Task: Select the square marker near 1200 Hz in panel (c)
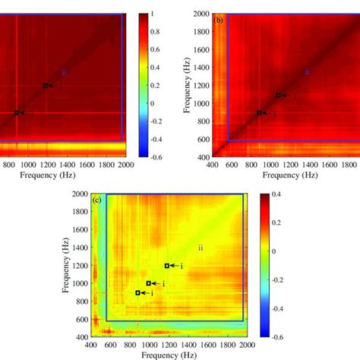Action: (x=167, y=266)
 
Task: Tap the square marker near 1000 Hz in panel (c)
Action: (x=149, y=283)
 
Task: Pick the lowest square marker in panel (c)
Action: (x=137, y=292)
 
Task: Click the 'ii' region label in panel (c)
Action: (x=201, y=247)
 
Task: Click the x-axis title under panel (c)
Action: (x=166, y=355)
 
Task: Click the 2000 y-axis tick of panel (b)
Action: (x=201, y=14)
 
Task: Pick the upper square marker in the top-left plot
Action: (x=45, y=86)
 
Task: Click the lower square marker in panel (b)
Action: (x=259, y=112)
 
